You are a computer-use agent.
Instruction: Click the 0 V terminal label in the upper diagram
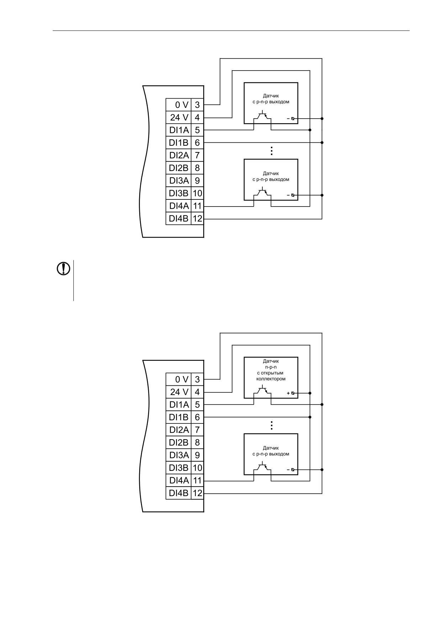[182, 105]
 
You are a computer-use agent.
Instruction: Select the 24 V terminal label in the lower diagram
[179, 392]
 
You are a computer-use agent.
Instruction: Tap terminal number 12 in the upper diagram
[197, 218]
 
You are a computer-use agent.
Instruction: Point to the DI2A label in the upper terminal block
[179, 155]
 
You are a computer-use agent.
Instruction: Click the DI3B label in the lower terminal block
[179, 468]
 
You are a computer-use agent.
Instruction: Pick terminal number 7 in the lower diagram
[197, 430]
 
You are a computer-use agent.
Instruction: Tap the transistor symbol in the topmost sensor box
[262, 116]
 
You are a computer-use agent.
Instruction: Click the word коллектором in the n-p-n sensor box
[271, 379]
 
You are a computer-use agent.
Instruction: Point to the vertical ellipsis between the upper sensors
[272, 151]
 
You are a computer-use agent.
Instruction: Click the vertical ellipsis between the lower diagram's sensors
[272, 426]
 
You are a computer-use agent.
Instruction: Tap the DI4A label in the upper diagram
[179, 206]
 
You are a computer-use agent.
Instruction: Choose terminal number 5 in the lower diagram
[197, 405]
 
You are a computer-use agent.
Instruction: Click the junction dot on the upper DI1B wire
[322, 142]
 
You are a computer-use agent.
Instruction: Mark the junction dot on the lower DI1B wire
[310, 417]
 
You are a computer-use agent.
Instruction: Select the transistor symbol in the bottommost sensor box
[262, 467]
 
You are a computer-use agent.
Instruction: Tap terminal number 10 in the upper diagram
[197, 193]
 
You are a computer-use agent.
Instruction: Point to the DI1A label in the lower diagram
[179, 405]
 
